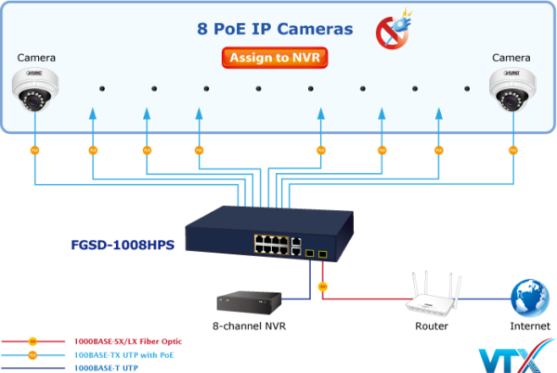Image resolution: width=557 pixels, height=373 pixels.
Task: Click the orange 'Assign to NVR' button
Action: pos(276,58)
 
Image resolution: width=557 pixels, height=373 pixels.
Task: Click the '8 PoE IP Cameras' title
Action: pos(276,29)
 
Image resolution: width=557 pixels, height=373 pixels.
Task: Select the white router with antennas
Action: pos(434,298)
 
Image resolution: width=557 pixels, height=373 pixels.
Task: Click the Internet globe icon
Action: pos(530,298)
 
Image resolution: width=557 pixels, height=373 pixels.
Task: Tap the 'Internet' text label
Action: pos(530,326)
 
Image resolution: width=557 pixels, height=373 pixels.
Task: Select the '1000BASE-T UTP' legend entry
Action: pos(107,367)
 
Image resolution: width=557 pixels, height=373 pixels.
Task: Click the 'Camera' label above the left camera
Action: pos(34,58)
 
